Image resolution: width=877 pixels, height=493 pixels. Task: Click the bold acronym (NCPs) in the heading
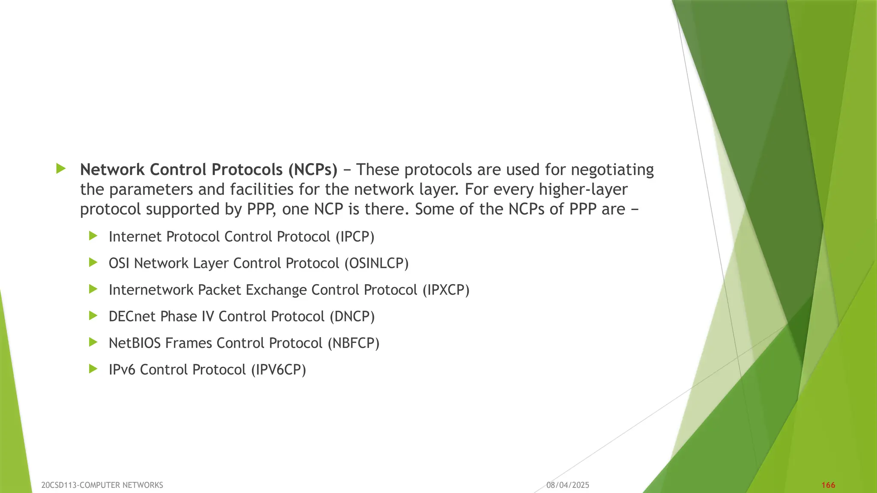point(313,170)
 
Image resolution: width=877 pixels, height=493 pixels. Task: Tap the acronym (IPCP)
point(355,237)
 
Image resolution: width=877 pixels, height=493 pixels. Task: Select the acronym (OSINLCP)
point(377,263)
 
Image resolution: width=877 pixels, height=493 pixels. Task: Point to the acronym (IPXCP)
point(446,290)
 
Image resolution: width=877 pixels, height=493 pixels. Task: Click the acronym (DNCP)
point(352,317)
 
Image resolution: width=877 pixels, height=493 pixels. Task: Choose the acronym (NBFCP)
point(354,343)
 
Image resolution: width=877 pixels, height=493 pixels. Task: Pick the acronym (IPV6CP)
point(278,370)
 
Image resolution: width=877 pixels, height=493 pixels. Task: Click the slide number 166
point(828,485)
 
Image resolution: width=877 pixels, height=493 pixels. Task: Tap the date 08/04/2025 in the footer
point(568,485)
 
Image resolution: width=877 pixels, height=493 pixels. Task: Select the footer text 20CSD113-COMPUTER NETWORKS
point(102,485)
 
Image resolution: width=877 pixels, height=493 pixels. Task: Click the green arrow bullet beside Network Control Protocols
point(61,169)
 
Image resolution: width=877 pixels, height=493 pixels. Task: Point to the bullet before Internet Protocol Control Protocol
point(93,236)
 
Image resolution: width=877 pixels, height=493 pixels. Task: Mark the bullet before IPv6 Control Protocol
point(93,369)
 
